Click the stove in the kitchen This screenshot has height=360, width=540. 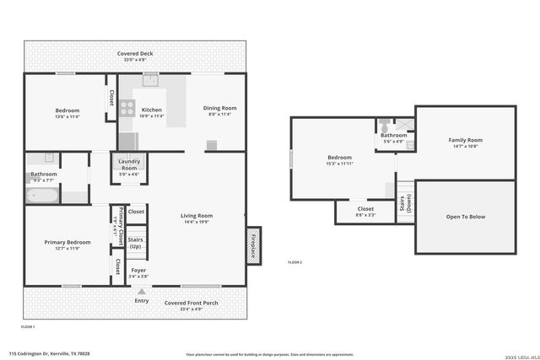(x=127, y=108)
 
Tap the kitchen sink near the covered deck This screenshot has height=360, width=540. (x=151, y=81)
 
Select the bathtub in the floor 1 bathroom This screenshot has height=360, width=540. (x=42, y=196)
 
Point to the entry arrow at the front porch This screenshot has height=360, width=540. (x=141, y=291)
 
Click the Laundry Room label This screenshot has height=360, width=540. (x=129, y=164)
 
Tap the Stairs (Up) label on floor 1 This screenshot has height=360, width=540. (x=135, y=242)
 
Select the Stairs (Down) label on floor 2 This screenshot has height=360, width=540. (x=406, y=203)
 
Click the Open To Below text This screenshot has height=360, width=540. (x=465, y=217)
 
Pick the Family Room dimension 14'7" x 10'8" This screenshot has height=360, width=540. (x=465, y=146)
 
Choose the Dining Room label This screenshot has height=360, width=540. (x=219, y=108)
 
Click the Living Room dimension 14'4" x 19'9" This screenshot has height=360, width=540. (x=197, y=223)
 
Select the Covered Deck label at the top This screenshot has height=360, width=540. (x=135, y=54)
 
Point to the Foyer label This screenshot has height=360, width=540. (x=139, y=270)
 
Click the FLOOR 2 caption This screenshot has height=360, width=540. (x=294, y=263)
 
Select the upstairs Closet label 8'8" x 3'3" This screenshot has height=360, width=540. (x=365, y=214)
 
